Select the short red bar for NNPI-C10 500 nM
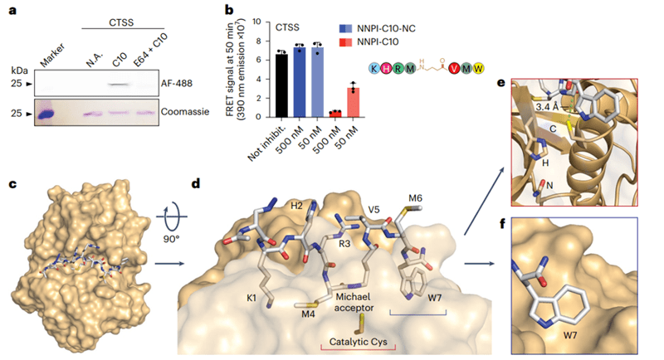tap(335, 114)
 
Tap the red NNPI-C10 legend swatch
tap(345, 41)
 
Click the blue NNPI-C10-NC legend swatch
tap(345, 29)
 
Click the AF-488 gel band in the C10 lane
tap(119, 85)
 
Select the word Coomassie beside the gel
tap(185, 112)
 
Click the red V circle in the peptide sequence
tap(454, 68)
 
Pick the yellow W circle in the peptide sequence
tap(478, 68)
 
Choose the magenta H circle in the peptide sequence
tap(386, 68)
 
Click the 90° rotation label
tap(171, 239)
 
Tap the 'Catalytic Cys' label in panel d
tap(359, 342)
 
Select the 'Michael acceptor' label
tap(354, 302)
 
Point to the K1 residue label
tap(251, 299)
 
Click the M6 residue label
tap(416, 198)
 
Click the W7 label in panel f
tap(570, 335)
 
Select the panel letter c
tap(12, 184)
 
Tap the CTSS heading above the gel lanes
tap(121, 22)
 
